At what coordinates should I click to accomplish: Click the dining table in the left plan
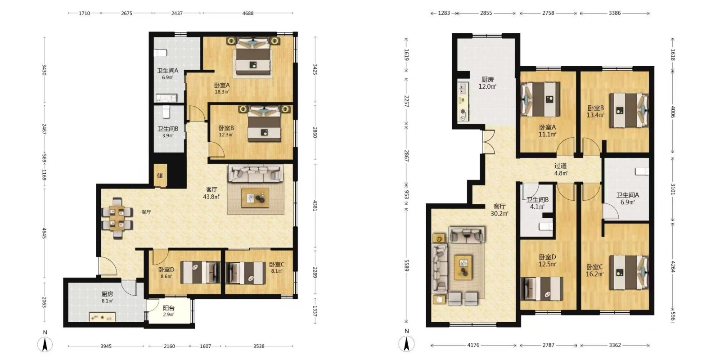click(117, 219)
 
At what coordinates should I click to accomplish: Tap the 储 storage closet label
click(160, 175)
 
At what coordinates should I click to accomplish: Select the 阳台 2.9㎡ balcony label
click(169, 311)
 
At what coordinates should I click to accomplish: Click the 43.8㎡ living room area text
click(211, 197)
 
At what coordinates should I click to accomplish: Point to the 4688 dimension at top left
click(248, 13)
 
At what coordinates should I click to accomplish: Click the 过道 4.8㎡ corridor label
click(561, 169)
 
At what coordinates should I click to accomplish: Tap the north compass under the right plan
click(407, 342)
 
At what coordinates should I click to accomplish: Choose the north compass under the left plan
click(45, 343)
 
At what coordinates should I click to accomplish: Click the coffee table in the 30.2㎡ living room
click(463, 267)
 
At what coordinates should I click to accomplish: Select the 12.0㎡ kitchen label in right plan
click(487, 83)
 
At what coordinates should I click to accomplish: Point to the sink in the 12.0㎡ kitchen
click(462, 88)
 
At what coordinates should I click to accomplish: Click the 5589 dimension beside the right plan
click(406, 265)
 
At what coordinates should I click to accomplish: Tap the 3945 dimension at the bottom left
click(106, 346)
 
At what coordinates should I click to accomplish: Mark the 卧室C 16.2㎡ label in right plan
click(594, 270)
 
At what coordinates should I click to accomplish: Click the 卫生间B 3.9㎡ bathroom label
click(168, 132)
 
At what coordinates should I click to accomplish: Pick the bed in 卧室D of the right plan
click(542, 288)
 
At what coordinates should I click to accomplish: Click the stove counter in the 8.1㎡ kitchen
click(102, 317)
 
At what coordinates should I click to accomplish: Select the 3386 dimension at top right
click(615, 13)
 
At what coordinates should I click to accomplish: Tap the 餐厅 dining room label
click(146, 212)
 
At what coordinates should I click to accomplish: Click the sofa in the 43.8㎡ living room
click(256, 174)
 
